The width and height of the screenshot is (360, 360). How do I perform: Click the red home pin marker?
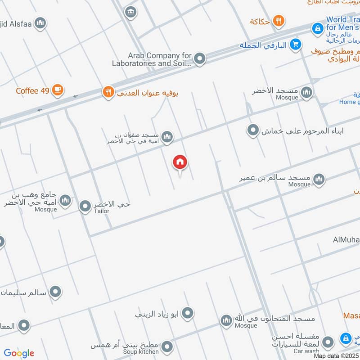tap(180, 162)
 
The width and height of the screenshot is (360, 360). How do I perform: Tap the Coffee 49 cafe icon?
tap(57, 90)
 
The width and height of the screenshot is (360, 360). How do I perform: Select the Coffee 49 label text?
tap(32, 91)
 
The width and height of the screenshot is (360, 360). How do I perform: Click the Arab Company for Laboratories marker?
tap(200, 58)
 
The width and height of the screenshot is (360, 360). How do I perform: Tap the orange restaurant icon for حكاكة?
tap(279, 21)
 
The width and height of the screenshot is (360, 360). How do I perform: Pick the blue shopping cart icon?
tap(296, 44)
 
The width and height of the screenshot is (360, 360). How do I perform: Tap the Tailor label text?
tap(101, 211)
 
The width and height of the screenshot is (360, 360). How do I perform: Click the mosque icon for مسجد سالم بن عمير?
tap(319, 179)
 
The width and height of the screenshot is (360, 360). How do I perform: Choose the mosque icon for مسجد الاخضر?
tap(306, 93)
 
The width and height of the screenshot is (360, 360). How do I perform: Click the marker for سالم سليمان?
tap(56, 292)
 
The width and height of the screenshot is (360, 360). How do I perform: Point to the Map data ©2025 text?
tap(336, 355)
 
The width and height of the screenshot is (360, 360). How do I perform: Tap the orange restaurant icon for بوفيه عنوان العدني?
tap(108, 92)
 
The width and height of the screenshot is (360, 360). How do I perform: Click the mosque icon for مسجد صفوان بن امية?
tap(167, 137)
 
